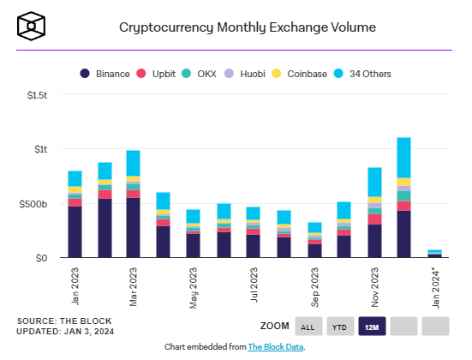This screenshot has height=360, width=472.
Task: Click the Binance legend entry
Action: point(105,74)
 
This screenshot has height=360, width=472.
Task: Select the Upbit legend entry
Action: point(156,74)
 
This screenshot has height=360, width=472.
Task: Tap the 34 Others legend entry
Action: point(362,74)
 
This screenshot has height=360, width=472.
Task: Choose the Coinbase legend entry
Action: point(299,74)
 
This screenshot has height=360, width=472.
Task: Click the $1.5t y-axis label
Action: point(37,95)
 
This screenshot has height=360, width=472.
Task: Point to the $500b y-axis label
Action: point(33,204)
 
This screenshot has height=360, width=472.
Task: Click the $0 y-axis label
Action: point(41,258)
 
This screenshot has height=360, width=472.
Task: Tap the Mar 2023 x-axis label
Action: point(133,286)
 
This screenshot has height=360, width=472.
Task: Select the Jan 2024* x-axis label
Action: point(435,287)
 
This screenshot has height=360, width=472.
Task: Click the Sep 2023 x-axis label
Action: point(315,287)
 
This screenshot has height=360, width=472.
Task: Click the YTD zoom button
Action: point(340,327)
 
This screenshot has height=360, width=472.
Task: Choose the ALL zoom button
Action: point(308,327)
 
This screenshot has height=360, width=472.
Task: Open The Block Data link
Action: point(276,347)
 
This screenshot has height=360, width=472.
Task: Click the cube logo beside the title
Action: point(32,26)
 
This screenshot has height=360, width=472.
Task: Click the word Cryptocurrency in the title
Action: point(166,27)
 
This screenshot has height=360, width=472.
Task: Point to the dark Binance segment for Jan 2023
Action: point(75,231)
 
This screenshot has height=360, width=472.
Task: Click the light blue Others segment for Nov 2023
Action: point(374,182)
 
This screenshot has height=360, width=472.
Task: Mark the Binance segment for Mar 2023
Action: point(133,227)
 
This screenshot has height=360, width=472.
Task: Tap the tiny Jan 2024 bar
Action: point(434,254)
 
